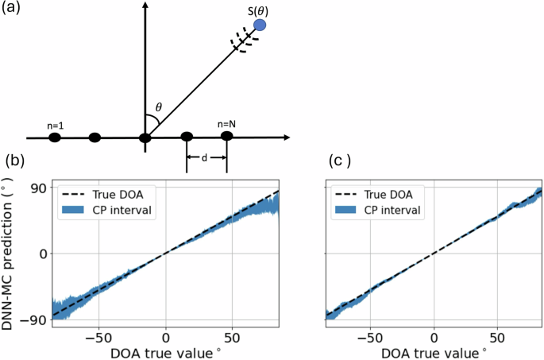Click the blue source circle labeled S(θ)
259,25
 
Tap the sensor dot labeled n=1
55,137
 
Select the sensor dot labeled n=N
226,137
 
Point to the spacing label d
206,157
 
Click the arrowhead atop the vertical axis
145,8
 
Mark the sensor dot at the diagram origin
145,137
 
